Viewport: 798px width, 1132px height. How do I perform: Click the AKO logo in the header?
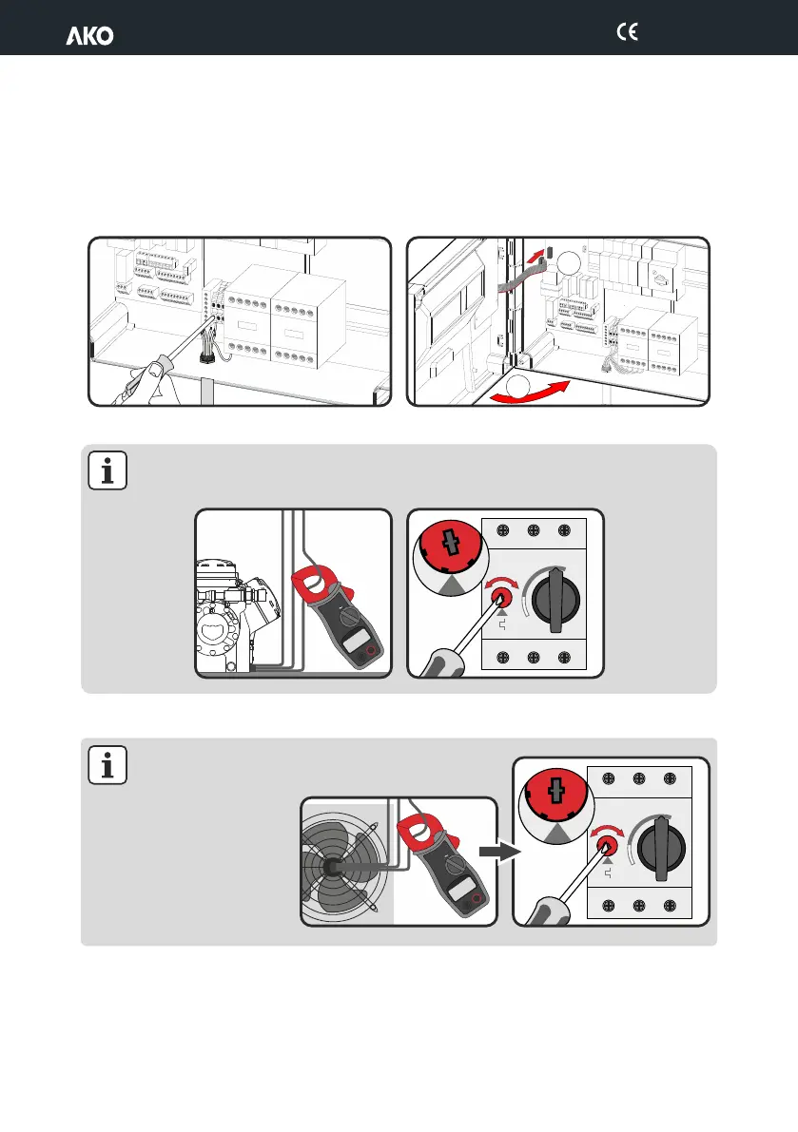tap(89, 36)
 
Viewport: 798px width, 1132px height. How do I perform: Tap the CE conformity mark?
tap(627, 31)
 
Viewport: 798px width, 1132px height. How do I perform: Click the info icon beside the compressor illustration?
tap(107, 470)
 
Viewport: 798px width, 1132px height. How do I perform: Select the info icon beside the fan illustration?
tap(107, 764)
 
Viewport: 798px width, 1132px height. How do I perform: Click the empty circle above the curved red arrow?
tap(516, 386)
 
